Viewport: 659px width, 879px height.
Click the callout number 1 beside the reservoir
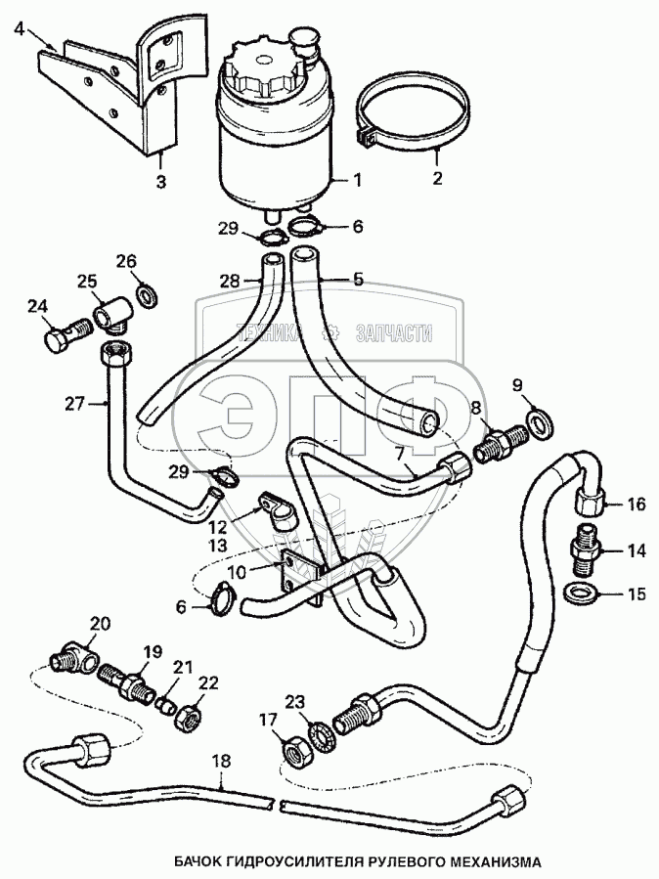point(357,180)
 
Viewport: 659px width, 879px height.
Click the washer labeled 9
point(540,420)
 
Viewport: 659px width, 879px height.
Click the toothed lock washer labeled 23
point(318,733)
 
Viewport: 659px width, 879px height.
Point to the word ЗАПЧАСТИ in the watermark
point(396,334)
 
